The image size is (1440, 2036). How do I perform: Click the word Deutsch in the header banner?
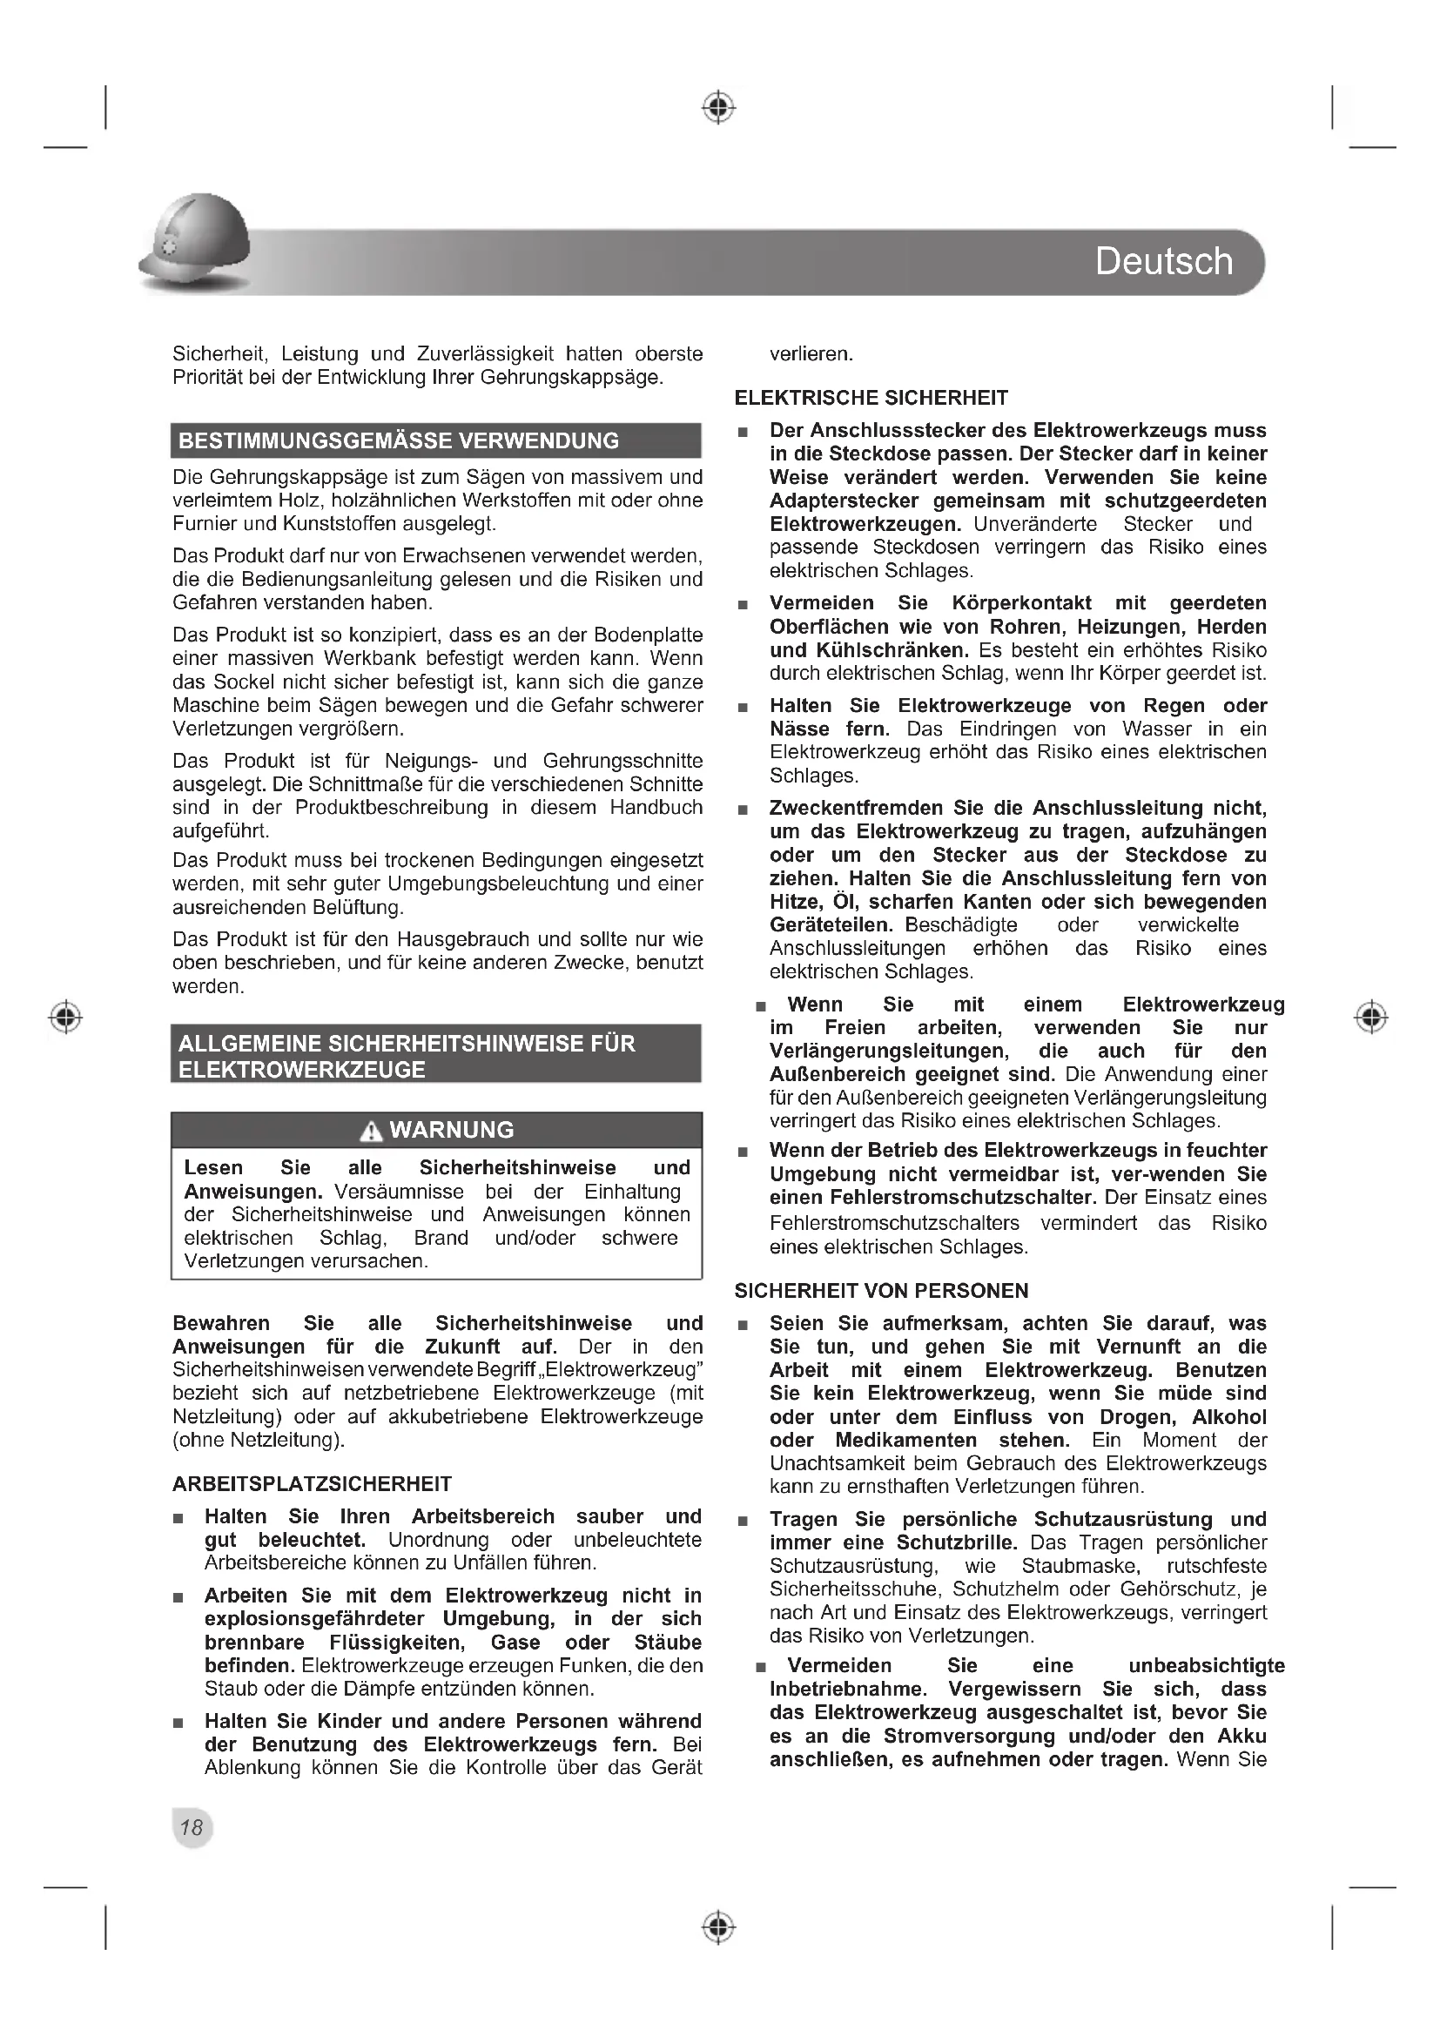tap(1163, 262)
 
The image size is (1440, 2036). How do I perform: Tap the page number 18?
tap(192, 1827)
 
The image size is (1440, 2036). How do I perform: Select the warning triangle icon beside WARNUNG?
tap(372, 1131)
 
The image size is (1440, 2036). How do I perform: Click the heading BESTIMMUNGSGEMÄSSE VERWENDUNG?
tap(399, 440)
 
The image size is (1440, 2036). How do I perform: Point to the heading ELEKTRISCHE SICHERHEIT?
tap(871, 398)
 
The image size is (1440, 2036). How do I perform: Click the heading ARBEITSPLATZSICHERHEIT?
tap(313, 1484)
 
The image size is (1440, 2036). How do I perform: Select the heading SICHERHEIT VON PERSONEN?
tap(881, 1291)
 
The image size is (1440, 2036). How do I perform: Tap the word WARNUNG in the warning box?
tap(451, 1130)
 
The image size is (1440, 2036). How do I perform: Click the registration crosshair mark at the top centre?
tap(719, 107)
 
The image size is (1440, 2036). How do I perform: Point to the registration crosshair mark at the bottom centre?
tap(719, 1927)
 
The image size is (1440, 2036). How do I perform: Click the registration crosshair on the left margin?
tap(64, 1016)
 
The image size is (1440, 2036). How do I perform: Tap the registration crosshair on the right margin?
tap(1372, 1016)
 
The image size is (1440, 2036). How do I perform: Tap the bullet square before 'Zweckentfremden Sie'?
tap(743, 810)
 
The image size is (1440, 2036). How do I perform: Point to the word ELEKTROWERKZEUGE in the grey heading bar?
tap(301, 1070)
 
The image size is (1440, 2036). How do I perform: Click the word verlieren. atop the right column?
tap(811, 353)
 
